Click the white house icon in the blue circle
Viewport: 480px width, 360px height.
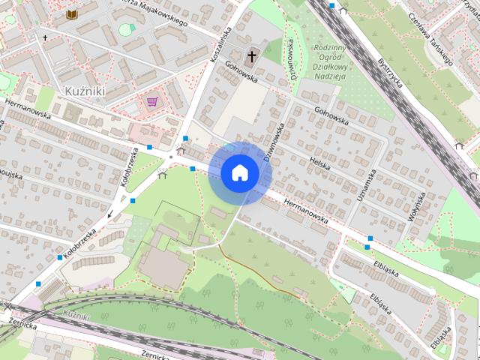(x=240, y=172)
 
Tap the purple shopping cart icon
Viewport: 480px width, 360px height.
(x=153, y=100)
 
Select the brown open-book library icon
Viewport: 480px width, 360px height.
(x=72, y=14)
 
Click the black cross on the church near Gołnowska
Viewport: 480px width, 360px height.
(x=253, y=55)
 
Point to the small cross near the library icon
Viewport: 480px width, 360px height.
(x=45, y=37)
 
